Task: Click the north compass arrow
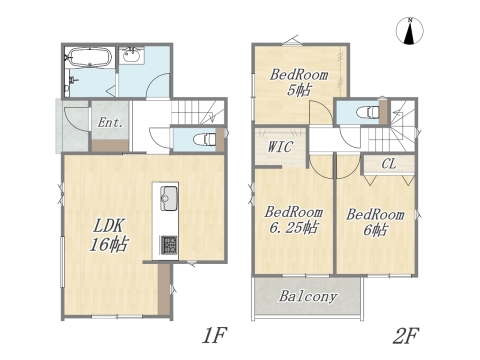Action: (410, 32)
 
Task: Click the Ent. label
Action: (109, 123)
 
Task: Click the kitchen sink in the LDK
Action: (167, 195)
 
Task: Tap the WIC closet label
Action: (279, 147)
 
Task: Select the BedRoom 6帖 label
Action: (375, 221)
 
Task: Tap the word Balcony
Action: (307, 297)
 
